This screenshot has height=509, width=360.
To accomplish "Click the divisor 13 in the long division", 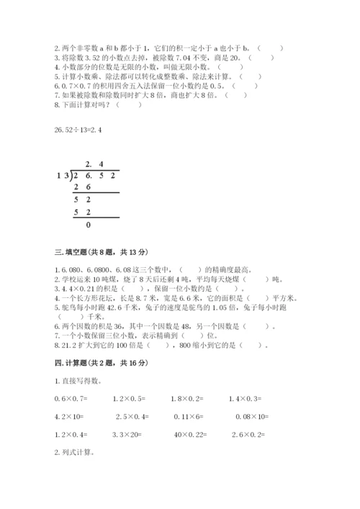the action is pos(62,176).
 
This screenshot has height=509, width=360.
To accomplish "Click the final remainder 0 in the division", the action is pos(89,225).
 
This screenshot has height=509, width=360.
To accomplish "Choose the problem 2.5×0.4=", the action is pos(130,415).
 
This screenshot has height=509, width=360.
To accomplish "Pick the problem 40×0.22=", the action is pos(189,434).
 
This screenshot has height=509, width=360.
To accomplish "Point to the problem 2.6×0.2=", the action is pos(248,434).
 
